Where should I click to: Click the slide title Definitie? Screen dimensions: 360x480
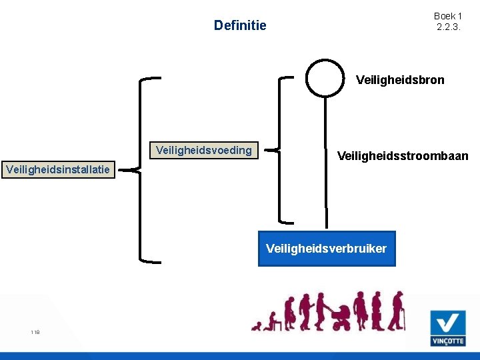coord(239,25)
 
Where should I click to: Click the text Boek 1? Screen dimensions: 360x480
coord(447,16)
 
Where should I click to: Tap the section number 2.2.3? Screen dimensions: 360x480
coord(447,27)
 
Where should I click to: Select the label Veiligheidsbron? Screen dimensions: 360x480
coord(400,80)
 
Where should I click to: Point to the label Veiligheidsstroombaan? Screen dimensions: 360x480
coord(403,156)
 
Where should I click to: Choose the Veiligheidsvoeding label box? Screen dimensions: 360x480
coord(203,150)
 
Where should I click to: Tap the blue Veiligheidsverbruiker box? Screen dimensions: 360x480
coord(326,249)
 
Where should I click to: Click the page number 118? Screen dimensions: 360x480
coord(35,332)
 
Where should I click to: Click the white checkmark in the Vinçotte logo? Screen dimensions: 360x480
coord(447,323)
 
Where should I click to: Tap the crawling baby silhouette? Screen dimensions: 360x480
coord(257,325)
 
